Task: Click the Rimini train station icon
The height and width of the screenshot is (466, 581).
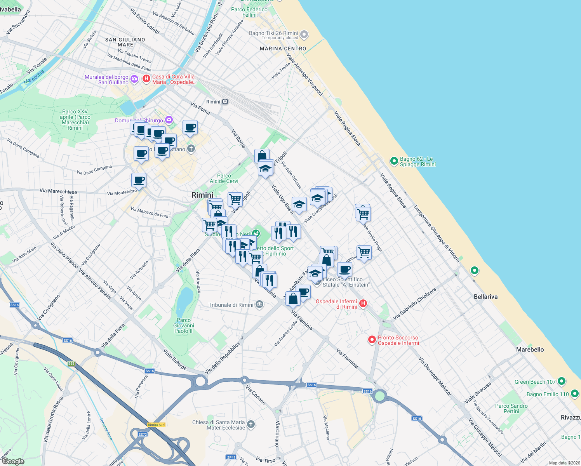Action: pyautogui.click(x=225, y=102)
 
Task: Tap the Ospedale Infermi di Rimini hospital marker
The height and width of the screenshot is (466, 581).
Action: pyautogui.click(x=363, y=304)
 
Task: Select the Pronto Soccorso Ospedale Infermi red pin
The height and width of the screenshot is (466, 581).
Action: pyautogui.click(x=372, y=340)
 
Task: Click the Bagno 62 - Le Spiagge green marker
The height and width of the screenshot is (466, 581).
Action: pyautogui.click(x=394, y=161)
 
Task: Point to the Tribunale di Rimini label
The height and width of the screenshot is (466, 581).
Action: pyautogui.click(x=231, y=305)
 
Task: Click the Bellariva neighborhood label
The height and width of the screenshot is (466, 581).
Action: pyautogui.click(x=485, y=297)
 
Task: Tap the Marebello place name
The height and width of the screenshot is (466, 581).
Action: pyautogui.click(x=530, y=349)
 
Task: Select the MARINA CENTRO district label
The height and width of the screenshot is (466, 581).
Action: pyautogui.click(x=283, y=49)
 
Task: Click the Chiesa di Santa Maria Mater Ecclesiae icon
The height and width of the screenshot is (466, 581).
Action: pyautogui.click(x=251, y=424)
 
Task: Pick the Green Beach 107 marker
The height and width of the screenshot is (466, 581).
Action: pyautogui.click(x=561, y=381)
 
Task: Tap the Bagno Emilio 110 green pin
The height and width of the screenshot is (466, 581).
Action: pyautogui.click(x=574, y=394)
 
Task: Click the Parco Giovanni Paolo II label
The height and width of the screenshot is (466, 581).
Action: pyautogui.click(x=183, y=325)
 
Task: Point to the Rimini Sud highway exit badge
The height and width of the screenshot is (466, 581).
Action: pyautogui.click(x=157, y=425)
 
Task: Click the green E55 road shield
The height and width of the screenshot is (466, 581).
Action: pyautogui.click(x=71, y=364)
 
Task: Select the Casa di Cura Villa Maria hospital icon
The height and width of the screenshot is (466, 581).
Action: pyautogui.click(x=146, y=79)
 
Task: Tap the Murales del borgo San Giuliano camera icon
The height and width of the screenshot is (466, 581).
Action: pyautogui.click(x=134, y=79)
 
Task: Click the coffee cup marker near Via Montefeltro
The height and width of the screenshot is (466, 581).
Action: pyautogui.click(x=139, y=180)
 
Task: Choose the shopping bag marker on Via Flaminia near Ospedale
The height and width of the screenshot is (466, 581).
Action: pyautogui.click(x=293, y=299)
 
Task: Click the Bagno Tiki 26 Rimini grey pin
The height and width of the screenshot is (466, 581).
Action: pyautogui.click(x=304, y=35)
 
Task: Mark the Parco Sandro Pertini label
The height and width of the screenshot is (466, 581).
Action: pyautogui.click(x=511, y=409)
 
